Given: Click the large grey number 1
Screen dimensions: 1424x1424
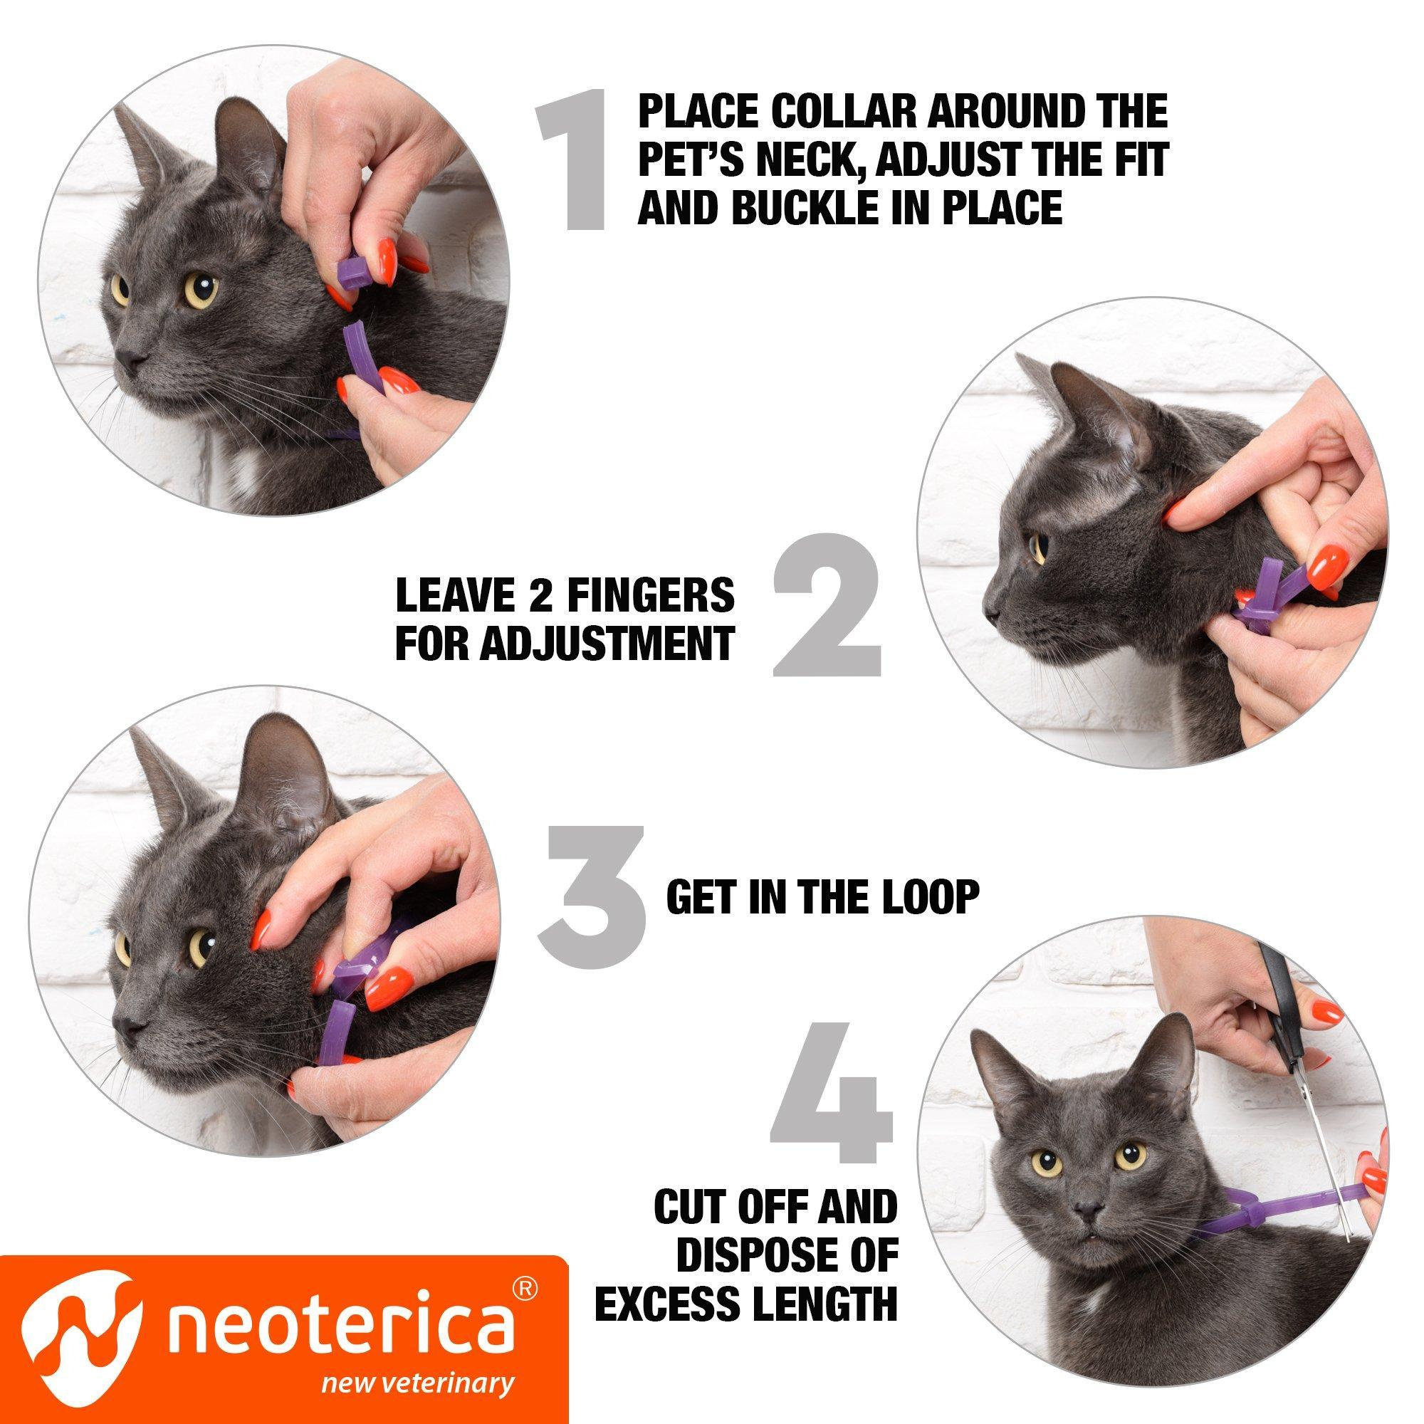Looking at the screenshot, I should tap(575, 159).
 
